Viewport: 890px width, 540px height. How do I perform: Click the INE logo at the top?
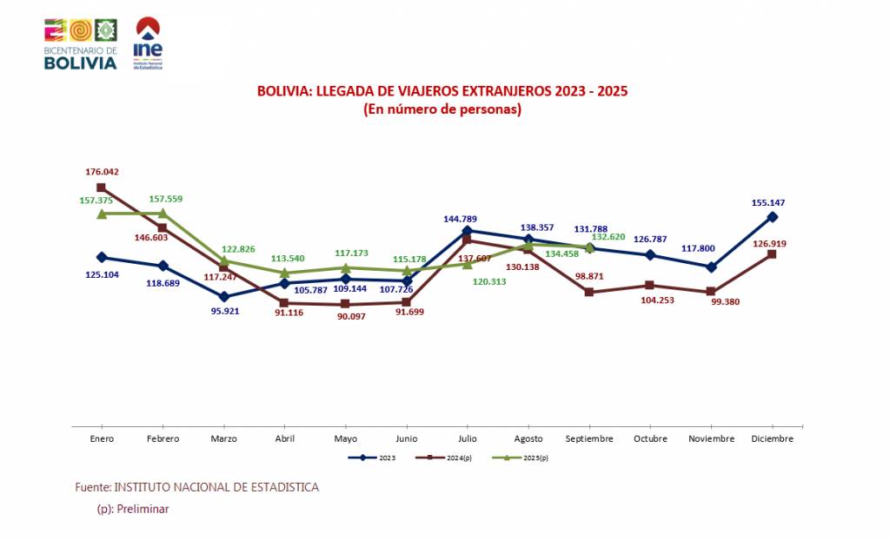[147, 43]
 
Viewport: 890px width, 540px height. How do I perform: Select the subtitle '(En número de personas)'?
[442, 109]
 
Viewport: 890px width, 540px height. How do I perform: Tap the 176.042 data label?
[102, 172]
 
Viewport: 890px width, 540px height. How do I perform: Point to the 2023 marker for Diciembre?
[773, 216]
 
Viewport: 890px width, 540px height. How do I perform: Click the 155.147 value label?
[774, 202]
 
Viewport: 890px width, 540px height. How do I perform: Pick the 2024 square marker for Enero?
[102, 187]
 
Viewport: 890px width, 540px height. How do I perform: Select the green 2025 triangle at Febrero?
[163, 214]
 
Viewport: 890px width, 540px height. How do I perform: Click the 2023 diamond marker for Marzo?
[224, 297]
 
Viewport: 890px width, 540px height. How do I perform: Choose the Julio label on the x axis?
[468, 439]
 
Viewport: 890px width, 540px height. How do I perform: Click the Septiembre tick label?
[589, 439]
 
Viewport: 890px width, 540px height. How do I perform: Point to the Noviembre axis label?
[712, 439]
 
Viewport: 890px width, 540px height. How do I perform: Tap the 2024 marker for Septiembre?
[589, 292]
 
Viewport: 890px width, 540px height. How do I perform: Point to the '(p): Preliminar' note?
[133, 510]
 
